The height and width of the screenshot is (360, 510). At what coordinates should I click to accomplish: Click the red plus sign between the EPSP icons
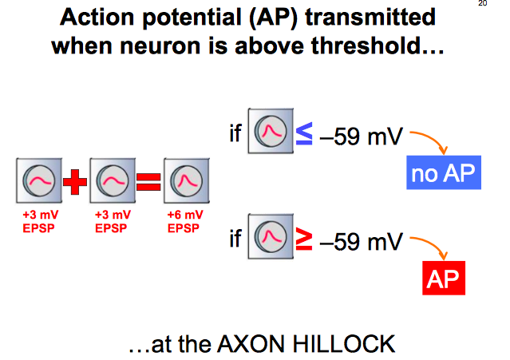pyautogui.click(x=73, y=183)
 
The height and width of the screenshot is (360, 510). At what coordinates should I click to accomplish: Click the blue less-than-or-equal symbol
pyautogui.click(x=304, y=134)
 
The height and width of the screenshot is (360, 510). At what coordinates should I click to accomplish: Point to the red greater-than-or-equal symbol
pyautogui.click(x=304, y=239)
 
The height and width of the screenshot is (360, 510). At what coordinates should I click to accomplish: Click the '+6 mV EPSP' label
pyautogui.click(x=185, y=221)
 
